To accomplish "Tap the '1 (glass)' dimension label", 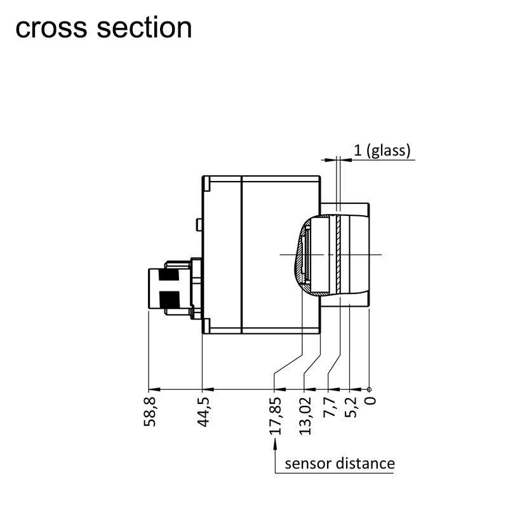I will [383, 150].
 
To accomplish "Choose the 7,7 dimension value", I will [330, 406].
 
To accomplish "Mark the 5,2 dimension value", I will [352, 406].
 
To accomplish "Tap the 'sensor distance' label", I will [340, 463].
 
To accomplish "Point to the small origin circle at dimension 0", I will [369, 389].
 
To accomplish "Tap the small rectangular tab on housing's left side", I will [199, 224].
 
